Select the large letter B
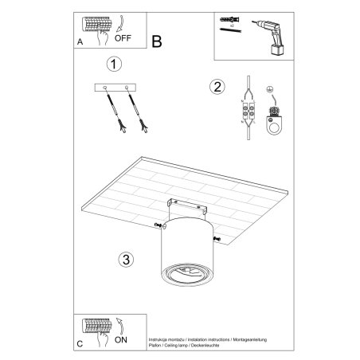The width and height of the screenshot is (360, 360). coord(157,41)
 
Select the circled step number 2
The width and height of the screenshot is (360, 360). coord(215,88)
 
